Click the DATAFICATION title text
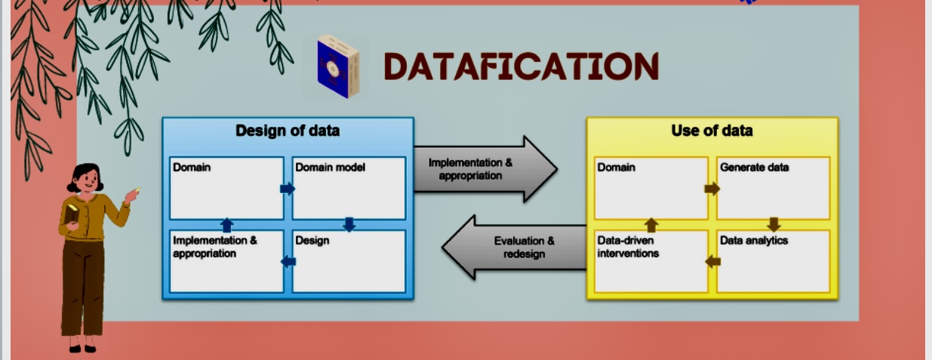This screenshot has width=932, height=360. pyautogui.click(x=521, y=66)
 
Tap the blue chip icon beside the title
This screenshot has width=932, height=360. pyautogui.click(x=338, y=66)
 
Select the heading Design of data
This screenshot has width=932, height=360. pyautogui.click(x=288, y=131)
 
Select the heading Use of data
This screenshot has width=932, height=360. pyautogui.click(x=712, y=131)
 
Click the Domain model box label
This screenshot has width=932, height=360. pyautogui.click(x=330, y=168)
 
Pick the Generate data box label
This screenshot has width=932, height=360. pyautogui.click(x=755, y=168)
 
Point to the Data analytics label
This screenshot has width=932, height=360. pyautogui.click(x=754, y=241)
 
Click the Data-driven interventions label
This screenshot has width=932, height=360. pyautogui.click(x=628, y=247)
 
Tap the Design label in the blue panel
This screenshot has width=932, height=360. pyautogui.click(x=312, y=241)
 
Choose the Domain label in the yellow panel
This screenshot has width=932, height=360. pyautogui.click(x=617, y=168)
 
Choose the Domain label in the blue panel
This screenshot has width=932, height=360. pyautogui.click(x=192, y=168)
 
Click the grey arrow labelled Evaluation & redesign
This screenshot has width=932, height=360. pyautogui.click(x=514, y=248)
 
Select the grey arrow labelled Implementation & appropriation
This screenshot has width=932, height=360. pyautogui.click(x=485, y=169)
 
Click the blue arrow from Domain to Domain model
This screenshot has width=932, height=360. pyautogui.click(x=288, y=189)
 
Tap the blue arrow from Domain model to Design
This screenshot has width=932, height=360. pyautogui.click(x=349, y=225)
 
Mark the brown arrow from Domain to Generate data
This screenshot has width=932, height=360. pyautogui.click(x=712, y=189)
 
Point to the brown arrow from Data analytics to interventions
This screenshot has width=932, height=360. pyautogui.click(x=712, y=261)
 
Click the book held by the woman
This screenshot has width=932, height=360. pyautogui.click(x=71, y=214)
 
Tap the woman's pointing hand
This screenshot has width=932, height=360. pyautogui.click(x=132, y=195)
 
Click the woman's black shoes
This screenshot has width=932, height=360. pyautogui.click(x=82, y=349)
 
